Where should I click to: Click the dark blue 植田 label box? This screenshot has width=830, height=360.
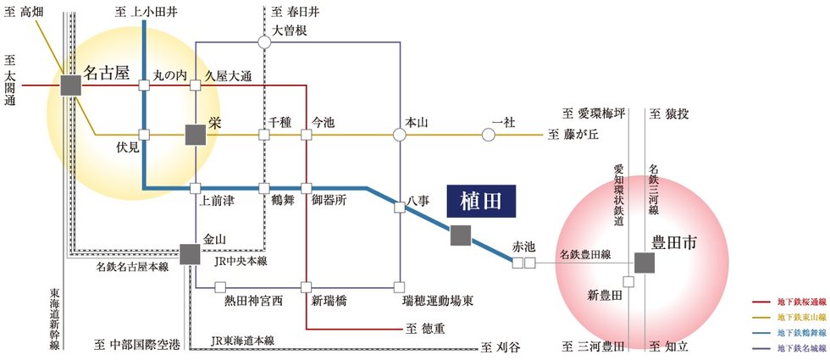[481, 202]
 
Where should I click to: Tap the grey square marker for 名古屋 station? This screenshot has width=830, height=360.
[71, 86]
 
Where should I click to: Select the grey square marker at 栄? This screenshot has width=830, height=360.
[196, 135]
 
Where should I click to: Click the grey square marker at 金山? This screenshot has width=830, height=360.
[190, 254]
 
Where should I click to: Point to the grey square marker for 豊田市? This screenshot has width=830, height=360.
[645, 263]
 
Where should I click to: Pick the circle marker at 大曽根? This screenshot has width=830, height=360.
[264, 42]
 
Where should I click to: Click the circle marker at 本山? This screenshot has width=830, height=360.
[400, 135]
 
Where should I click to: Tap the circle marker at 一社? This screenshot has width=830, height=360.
[489, 135]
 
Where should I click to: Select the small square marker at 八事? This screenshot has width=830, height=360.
[400, 208]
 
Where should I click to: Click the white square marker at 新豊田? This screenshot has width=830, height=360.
[628, 281]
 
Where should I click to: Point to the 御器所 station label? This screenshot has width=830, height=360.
[329, 202]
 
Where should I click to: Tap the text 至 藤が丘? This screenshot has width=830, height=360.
[573, 135]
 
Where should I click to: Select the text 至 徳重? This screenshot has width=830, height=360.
[425, 329]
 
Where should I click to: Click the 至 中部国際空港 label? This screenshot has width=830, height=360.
[137, 346]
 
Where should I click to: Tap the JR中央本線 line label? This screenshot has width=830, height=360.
[241, 261]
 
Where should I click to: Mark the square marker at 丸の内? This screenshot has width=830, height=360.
[144, 86]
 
